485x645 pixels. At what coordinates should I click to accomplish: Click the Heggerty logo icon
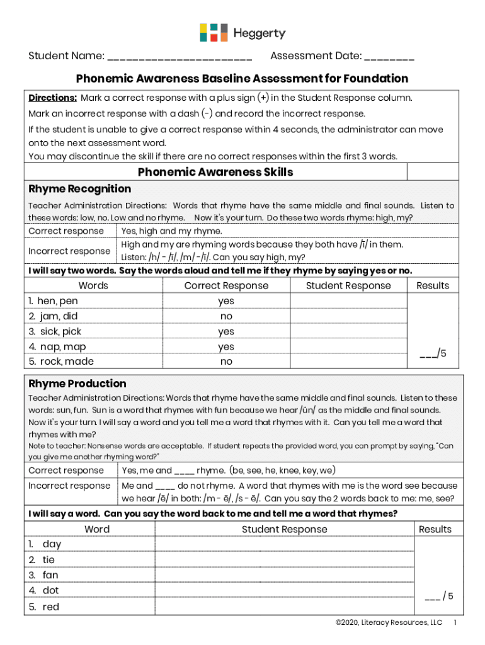point(214,33)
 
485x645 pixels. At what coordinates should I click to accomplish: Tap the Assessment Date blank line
point(389,57)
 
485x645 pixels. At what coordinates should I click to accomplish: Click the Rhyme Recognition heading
point(80,189)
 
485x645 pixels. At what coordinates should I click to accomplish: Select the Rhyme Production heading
point(77,384)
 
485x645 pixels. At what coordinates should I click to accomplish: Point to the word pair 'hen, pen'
point(57,301)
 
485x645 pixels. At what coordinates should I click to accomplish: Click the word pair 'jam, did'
point(57,316)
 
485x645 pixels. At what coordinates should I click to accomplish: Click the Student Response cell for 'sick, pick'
point(348,331)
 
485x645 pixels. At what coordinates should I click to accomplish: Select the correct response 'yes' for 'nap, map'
point(226,346)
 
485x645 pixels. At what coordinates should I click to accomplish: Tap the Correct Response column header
point(226,286)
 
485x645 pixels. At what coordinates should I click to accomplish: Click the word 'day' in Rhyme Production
point(52,544)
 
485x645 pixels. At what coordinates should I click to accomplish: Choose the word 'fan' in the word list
point(50,575)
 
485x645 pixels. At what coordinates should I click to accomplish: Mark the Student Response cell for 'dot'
point(284,591)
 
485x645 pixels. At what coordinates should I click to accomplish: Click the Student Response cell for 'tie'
point(284,560)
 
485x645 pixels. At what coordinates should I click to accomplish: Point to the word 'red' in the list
point(51,607)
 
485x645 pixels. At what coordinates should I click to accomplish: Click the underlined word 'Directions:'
point(53,98)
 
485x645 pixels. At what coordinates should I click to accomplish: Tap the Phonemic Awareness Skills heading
point(215,172)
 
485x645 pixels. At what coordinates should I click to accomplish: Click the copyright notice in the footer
point(389,623)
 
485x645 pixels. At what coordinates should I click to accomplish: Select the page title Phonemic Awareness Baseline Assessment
point(242,79)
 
